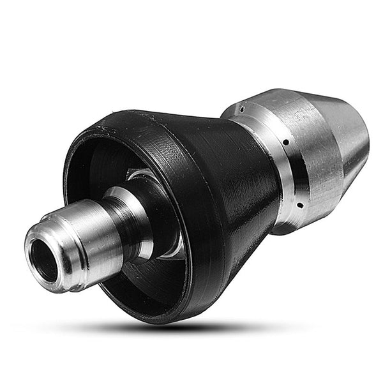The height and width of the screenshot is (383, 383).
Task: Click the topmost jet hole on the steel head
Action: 242,110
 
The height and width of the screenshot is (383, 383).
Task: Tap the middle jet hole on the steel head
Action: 285,142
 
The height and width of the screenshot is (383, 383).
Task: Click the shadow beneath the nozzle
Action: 191,326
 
